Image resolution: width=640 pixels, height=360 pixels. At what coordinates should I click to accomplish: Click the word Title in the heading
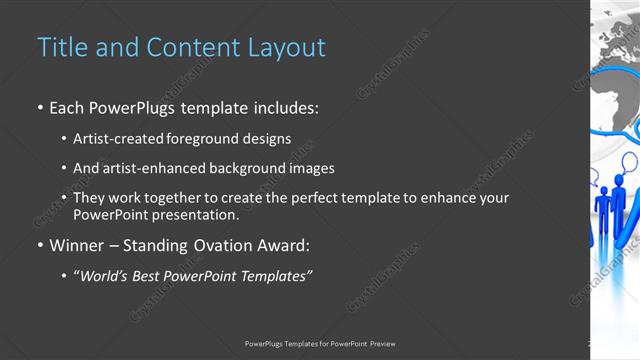tap(61, 47)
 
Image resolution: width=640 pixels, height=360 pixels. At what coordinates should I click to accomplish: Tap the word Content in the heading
tap(189, 47)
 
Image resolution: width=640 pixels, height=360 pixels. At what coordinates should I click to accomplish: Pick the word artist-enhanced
tap(156, 169)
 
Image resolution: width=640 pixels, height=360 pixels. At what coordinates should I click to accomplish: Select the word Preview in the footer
tap(382, 344)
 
